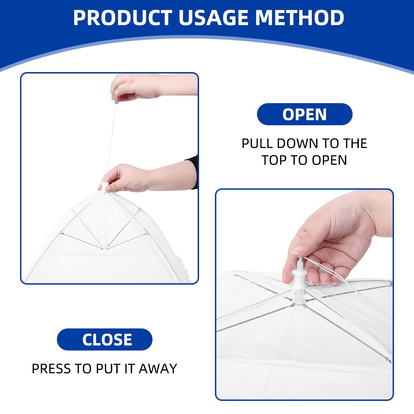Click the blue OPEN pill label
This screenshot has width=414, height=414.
pos(305,114)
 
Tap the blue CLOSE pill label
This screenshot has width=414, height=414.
pos(105,339)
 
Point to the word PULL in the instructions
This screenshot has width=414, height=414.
pos(257,143)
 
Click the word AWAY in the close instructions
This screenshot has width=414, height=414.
pos(158,369)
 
